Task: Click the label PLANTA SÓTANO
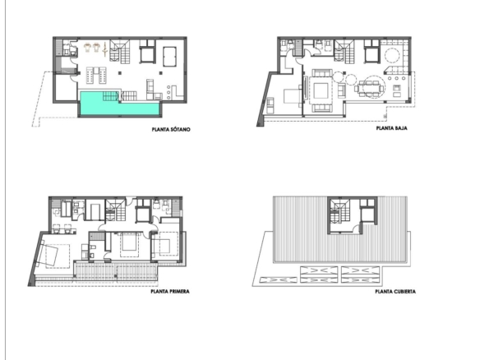coord(171,130)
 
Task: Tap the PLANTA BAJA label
coord(391,128)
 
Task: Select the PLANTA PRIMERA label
coord(170,291)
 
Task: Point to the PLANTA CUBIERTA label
coord(395,292)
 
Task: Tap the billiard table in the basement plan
coord(169,56)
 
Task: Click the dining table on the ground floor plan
coord(371,88)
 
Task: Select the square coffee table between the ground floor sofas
coord(321,91)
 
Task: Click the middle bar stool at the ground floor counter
coord(397,78)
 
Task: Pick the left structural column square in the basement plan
coord(120,73)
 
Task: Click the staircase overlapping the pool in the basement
coord(110,96)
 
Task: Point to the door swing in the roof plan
coord(357,228)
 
